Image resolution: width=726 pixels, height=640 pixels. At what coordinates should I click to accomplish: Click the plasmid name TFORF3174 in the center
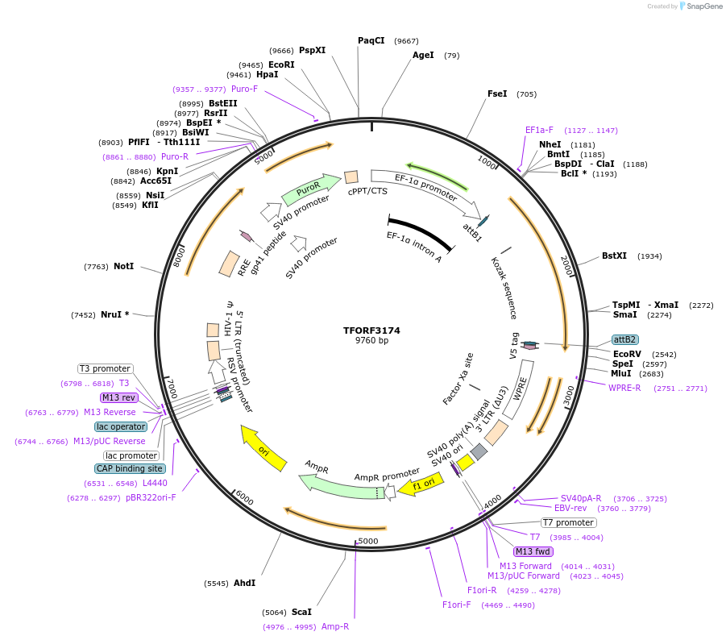[371, 330]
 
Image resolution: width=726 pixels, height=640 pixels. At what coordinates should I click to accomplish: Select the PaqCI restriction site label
[371, 40]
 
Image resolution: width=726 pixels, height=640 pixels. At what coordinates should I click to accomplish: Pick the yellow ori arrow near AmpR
[263, 449]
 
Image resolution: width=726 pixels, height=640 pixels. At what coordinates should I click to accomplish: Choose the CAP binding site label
[131, 468]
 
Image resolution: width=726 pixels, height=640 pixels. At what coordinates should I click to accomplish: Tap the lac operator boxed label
[121, 426]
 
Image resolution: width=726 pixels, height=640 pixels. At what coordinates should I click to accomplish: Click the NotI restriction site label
[123, 266]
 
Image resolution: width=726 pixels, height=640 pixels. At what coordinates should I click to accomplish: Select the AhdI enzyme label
[244, 583]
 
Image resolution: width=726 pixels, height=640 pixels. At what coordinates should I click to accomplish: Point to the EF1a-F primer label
[539, 130]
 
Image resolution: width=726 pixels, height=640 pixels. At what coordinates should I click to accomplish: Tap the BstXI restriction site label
[614, 256]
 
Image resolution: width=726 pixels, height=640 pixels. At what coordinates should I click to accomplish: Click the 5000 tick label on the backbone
[367, 541]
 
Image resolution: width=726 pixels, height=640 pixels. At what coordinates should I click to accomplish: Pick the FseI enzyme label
[497, 94]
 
